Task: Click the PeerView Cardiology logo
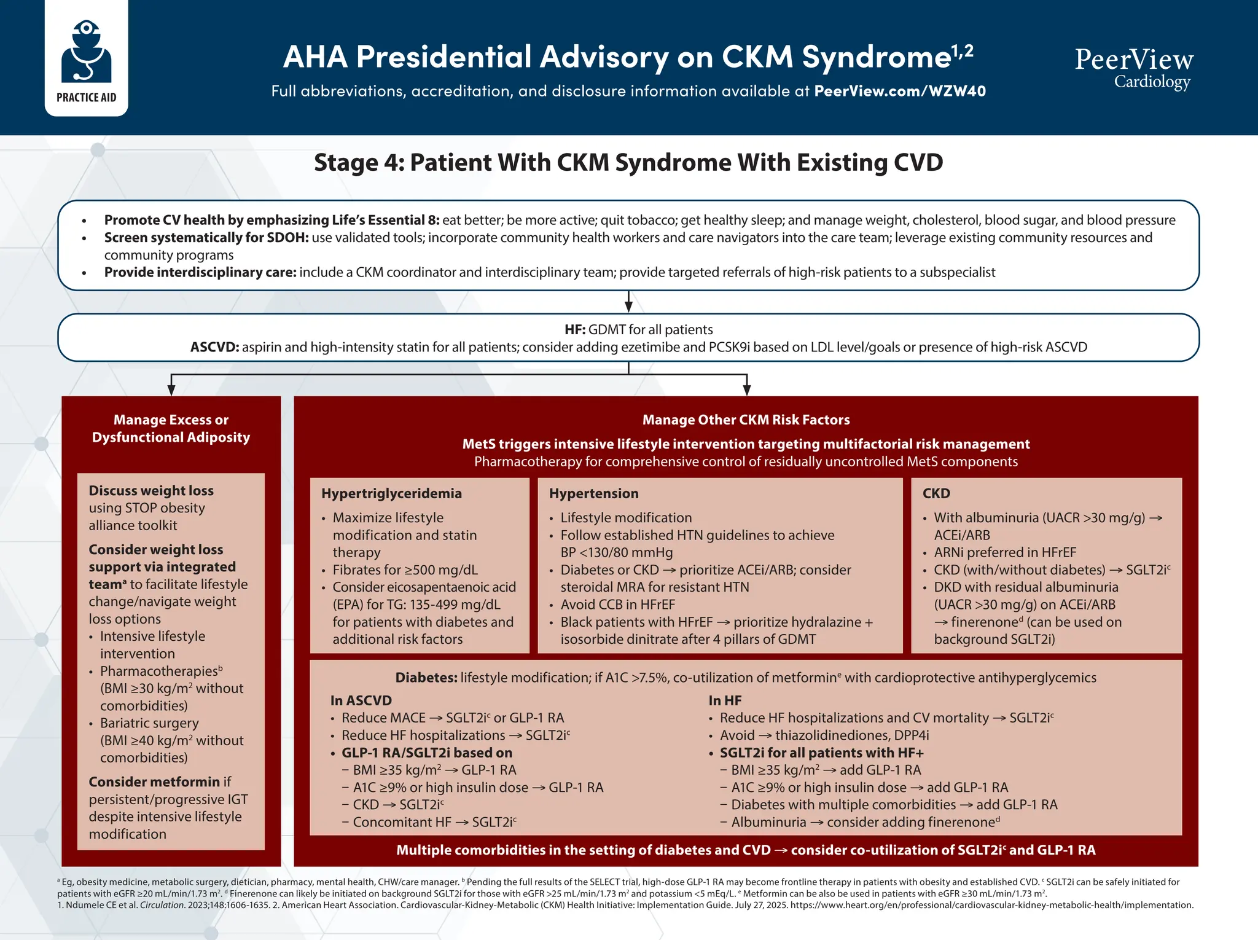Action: (1133, 68)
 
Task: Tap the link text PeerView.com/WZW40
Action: (899, 92)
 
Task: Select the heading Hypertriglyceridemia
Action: (391, 493)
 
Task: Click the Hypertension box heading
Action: (593, 493)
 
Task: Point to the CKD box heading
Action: (936, 493)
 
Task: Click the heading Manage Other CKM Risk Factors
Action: (746, 420)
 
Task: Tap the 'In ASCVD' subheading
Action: (361, 700)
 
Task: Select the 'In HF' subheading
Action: (725, 700)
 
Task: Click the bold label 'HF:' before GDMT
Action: (575, 330)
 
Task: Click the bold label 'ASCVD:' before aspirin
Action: (214, 347)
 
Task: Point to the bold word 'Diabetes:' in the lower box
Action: (426, 678)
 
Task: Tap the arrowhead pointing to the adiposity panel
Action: (171, 390)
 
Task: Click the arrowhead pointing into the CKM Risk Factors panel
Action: (746, 390)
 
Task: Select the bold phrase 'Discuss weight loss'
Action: (151, 491)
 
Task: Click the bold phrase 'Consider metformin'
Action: (154, 782)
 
